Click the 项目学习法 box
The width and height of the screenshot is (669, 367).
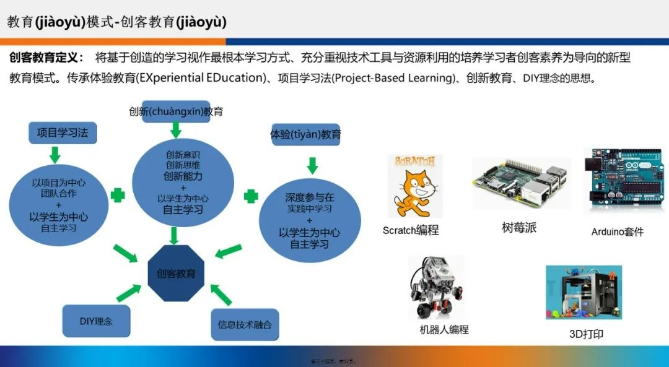coord(63,133)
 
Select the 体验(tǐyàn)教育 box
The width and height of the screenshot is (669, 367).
coord(305,134)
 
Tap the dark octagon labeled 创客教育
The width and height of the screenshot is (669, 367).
coord(177,273)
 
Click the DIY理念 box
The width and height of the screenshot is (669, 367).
coord(97,321)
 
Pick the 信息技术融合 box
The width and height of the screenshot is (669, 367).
coord(245,324)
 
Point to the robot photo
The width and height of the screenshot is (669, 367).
coord(436,287)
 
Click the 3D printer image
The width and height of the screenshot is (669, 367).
coord(583,292)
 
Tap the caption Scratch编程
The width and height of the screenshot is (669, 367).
coord(411,230)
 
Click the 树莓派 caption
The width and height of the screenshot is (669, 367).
coord(519,228)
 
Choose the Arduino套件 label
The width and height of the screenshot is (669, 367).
coord(618,231)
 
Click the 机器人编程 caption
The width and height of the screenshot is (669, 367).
coord(444,329)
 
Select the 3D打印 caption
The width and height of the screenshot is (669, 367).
coord(586,334)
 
